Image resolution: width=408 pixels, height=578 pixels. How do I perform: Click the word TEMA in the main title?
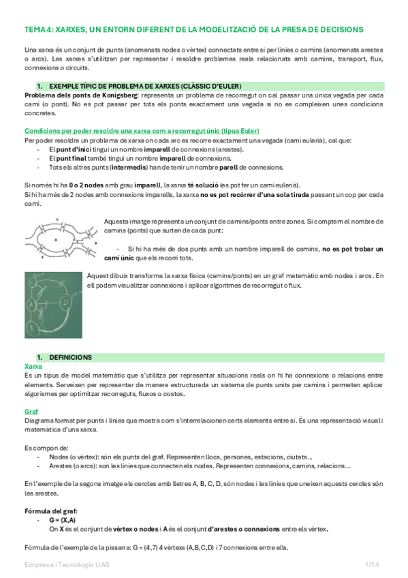pyautogui.click(x=35, y=29)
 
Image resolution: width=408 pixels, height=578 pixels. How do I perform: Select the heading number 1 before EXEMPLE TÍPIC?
pyautogui.click(x=40, y=87)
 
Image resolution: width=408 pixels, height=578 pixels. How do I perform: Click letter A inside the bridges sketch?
pyautogui.click(x=56, y=240)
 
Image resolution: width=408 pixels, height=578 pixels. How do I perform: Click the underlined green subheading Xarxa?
pyautogui.click(x=33, y=366)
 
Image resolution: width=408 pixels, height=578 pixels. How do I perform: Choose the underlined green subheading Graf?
pyautogui.click(x=31, y=412)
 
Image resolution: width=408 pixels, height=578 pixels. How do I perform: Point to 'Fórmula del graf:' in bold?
pyautogui.click(x=50, y=511)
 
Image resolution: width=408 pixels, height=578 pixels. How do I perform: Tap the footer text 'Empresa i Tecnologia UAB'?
pyautogui.click(x=67, y=565)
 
